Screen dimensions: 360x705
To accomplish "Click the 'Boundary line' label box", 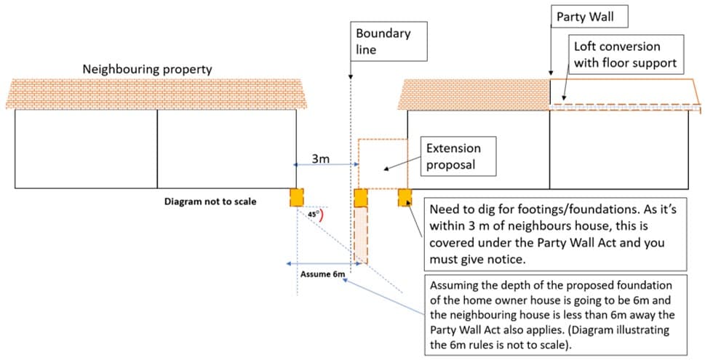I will pos(383,41).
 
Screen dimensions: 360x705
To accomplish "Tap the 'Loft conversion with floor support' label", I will pos(625,55).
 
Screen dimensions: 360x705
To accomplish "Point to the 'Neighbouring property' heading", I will pos(147,70).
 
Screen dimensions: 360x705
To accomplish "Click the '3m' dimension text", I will pos(321,158).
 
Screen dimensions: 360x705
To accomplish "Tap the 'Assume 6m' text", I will pos(322,274).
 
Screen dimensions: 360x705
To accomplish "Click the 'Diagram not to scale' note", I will pos(210,201).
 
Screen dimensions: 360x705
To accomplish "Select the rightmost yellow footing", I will pos(405,198).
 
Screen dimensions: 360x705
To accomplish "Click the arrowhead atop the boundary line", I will pos(351,77).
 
